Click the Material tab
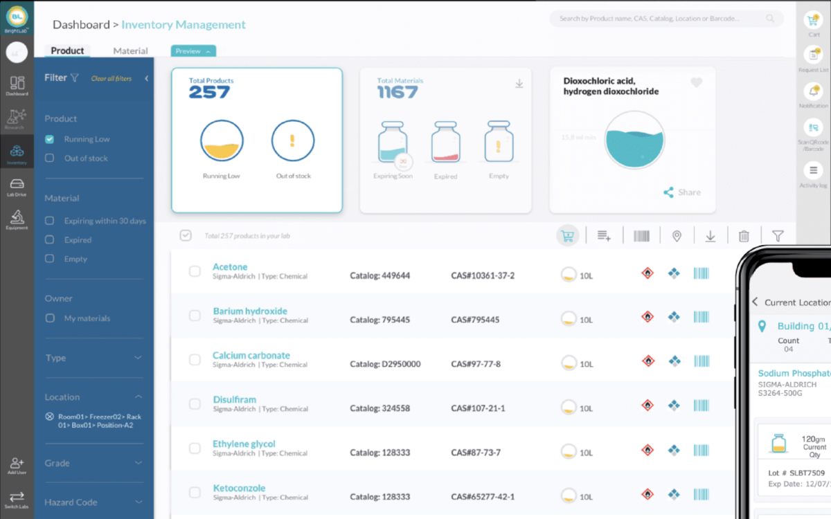130,51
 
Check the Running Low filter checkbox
49,139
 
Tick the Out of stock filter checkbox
49,158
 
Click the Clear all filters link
111,79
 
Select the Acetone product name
230,267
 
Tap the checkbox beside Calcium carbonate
195,360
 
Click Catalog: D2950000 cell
385,364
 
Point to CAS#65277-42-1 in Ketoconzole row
483,497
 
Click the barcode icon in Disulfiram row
701,406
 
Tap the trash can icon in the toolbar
744,236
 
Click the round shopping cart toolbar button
568,236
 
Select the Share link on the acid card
682,192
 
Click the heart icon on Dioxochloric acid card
697,82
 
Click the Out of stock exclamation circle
293,141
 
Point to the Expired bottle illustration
445,143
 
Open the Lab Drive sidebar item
17,186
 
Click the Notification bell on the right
813,92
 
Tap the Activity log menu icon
813,170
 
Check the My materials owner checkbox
49,318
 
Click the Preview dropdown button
193,51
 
